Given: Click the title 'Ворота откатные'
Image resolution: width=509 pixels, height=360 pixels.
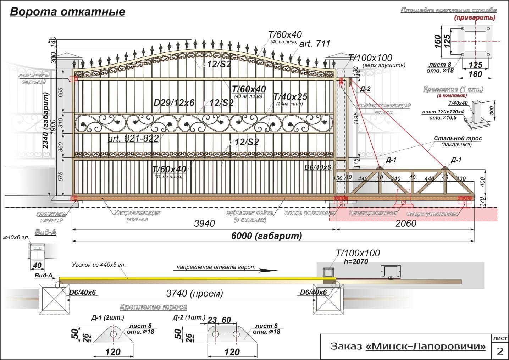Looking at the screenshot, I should coord(67,12).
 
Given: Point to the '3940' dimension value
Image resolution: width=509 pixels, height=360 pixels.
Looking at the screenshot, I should coord(205,223).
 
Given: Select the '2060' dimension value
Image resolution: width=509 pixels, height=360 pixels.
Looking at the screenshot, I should coord(406,223).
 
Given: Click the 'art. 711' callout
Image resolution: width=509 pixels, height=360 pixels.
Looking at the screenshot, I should coord(315,44).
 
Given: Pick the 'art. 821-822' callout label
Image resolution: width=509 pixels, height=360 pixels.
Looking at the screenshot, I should coord(133,138).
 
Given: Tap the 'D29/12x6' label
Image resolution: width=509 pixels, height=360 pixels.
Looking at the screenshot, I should coord(174,103).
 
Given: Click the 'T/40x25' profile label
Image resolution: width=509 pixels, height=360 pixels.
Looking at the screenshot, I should coord(290,97).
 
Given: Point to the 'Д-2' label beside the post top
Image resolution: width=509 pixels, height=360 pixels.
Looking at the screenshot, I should coord(365,89).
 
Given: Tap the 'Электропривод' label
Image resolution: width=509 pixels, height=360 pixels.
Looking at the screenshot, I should coord(373,213).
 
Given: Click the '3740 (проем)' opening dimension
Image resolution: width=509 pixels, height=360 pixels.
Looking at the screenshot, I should coord(195,294).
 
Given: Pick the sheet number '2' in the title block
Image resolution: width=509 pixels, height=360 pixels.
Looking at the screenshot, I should coord(500,351).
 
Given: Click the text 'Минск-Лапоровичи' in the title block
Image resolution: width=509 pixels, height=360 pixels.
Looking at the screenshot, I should coord(426,346).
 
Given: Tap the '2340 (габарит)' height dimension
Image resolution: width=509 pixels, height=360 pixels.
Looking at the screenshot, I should coord(46,120).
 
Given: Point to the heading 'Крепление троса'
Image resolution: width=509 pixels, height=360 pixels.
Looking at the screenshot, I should coord(153,307).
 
